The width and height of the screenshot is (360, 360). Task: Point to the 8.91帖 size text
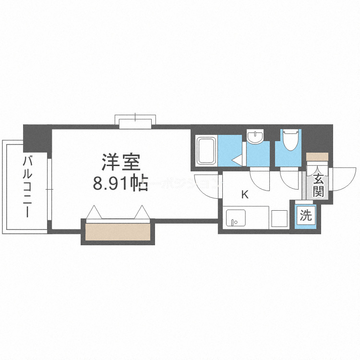[120, 184]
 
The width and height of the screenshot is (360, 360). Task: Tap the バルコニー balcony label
[28, 186]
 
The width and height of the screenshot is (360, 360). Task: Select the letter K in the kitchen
[244, 195]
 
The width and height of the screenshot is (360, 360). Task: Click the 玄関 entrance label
[318, 186]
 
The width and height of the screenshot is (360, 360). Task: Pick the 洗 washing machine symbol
[305, 215]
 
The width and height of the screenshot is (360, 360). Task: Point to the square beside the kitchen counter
[279, 218]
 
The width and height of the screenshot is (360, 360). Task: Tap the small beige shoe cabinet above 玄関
[317, 156]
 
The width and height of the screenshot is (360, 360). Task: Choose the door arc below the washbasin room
[260, 180]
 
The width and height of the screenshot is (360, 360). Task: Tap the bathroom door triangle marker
[237, 159]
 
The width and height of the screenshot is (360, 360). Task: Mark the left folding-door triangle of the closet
[95, 211]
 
